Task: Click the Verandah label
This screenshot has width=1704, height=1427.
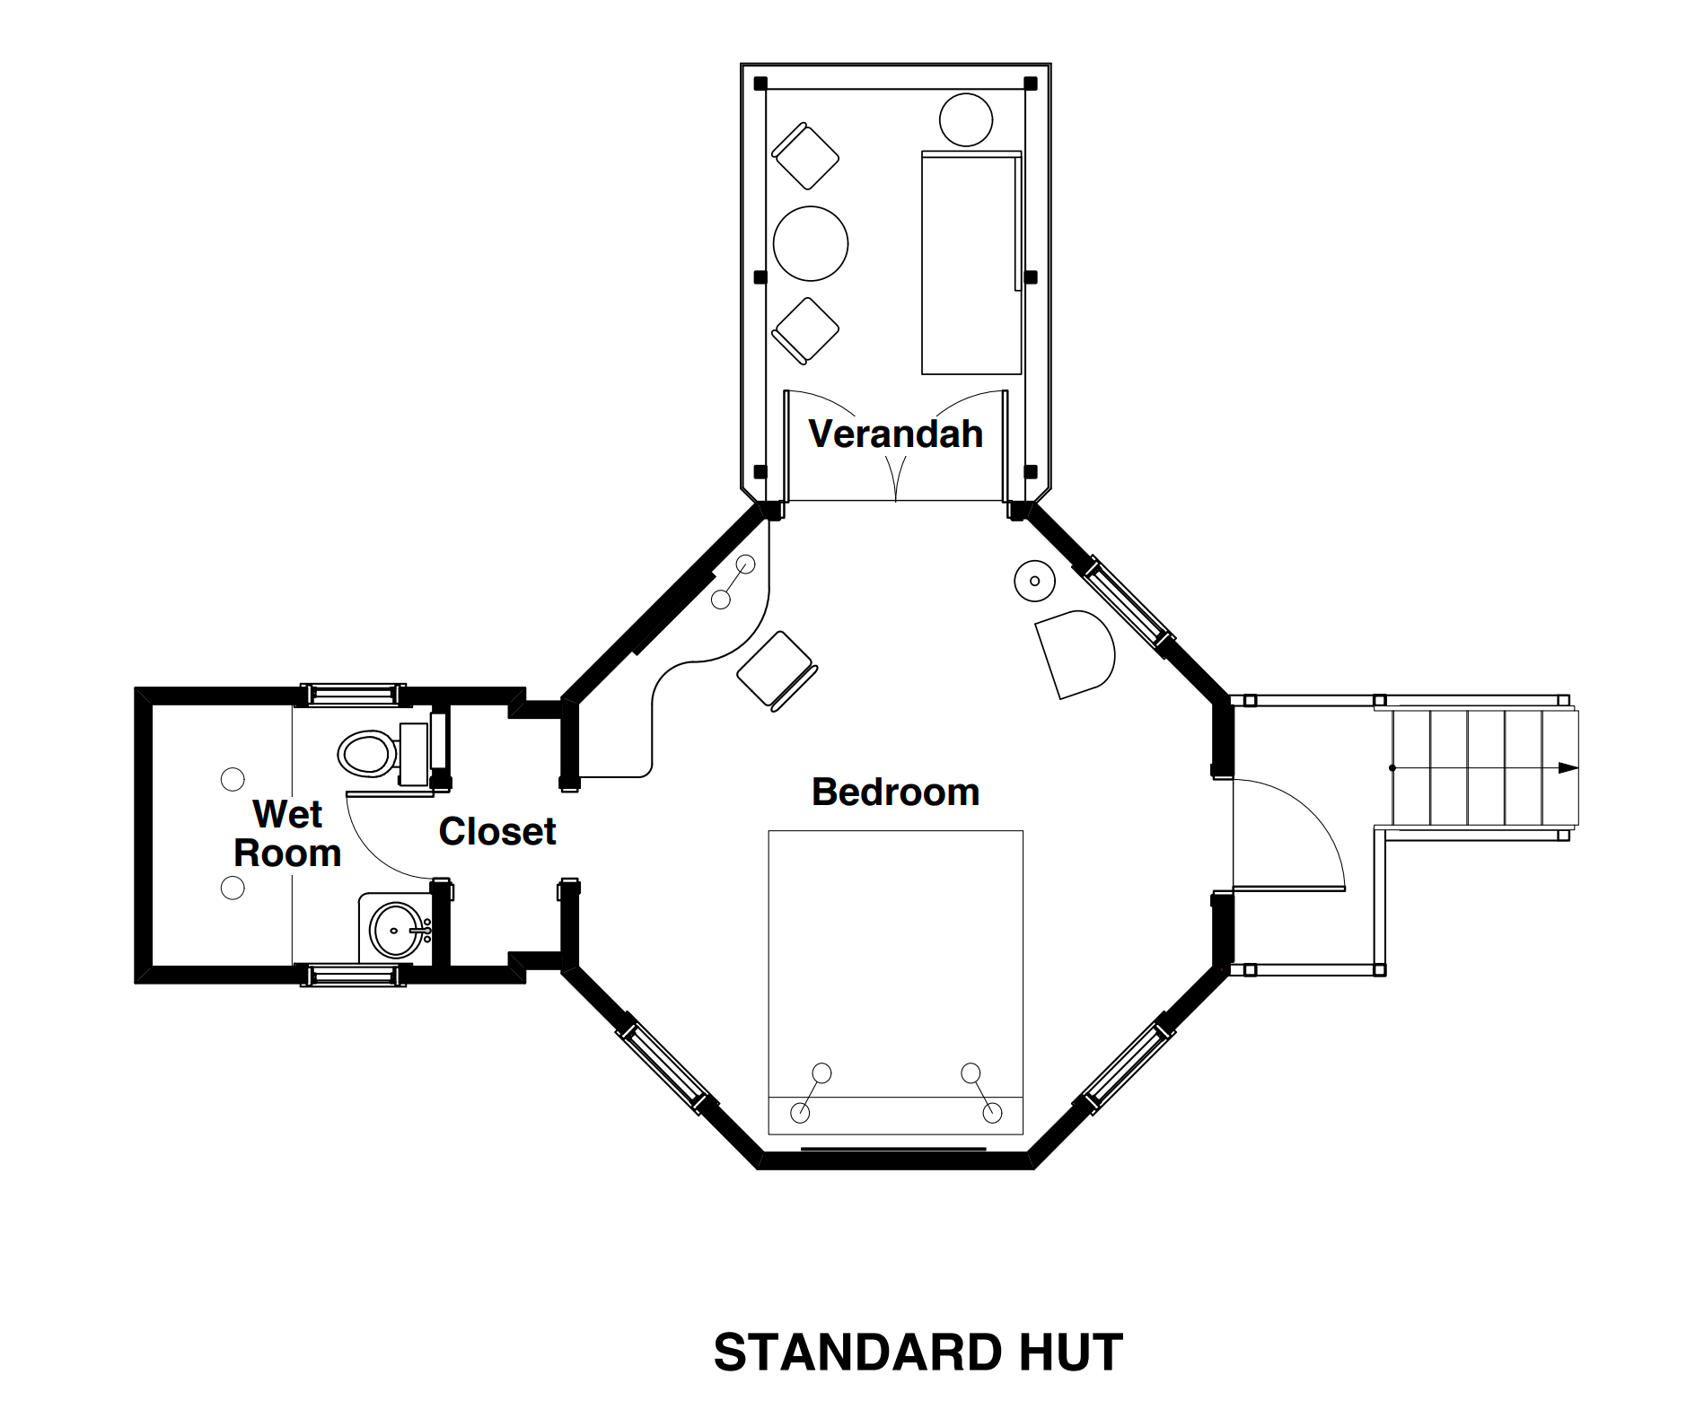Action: coord(895,434)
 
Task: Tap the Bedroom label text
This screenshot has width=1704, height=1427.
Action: coord(895,792)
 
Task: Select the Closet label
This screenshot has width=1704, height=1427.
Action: coord(496,832)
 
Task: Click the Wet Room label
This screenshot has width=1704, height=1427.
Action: coord(287,834)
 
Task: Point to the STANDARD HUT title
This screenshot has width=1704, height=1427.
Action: coord(918,1353)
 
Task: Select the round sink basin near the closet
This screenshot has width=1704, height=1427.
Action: coord(396,930)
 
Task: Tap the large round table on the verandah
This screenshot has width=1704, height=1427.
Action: coord(810,243)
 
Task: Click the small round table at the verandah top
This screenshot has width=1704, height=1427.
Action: coord(965,119)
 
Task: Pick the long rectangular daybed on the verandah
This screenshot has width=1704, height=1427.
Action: coord(971,263)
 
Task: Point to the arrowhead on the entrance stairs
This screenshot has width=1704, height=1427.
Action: coord(1567,767)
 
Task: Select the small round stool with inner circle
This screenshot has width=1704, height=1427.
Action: coord(1034,581)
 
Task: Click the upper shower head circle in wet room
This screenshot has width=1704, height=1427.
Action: coord(233,779)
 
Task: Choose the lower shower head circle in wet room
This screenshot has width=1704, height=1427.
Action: coord(233,889)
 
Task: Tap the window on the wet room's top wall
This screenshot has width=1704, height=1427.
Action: coord(352,694)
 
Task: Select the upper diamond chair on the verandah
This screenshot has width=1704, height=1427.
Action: coord(805,156)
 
